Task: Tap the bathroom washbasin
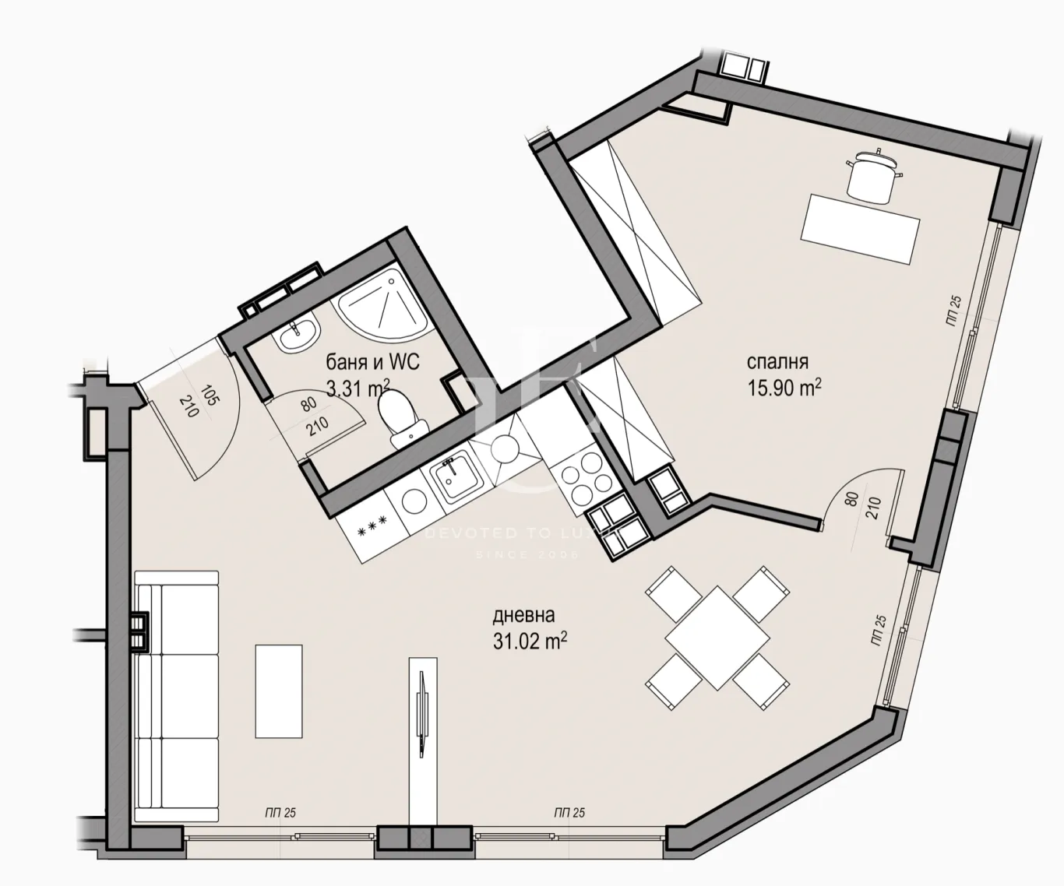click(x=297, y=336)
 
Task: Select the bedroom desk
click(x=861, y=228)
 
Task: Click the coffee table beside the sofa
click(x=279, y=691)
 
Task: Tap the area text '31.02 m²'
click(x=528, y=642)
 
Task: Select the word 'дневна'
click(x=523, y=616)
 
